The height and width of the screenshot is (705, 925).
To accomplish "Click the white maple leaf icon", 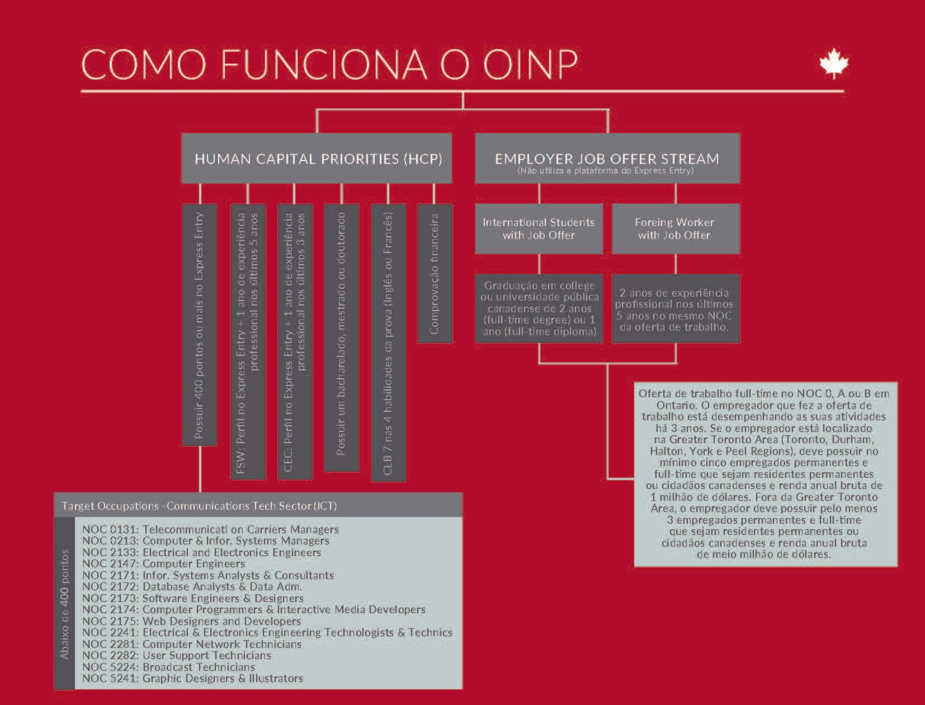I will click(834, 63).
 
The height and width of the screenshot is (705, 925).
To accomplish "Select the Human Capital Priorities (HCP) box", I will click(317, 158).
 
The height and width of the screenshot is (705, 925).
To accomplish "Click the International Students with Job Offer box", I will click(539, 229).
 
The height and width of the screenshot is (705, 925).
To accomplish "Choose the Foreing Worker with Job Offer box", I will click(675, 229).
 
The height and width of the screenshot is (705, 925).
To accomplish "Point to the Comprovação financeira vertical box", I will click(435, 274).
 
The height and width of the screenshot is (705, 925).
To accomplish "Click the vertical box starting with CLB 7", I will click(388, 342).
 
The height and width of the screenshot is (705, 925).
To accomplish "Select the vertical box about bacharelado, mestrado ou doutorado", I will click(341, 338).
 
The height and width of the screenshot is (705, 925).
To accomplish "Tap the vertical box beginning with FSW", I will click(248, 342).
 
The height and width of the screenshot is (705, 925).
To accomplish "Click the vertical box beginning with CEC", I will click(295, 342).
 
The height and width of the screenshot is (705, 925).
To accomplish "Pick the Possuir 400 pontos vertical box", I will click(200, 325).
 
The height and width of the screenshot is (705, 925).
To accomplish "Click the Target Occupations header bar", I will click(258, 506).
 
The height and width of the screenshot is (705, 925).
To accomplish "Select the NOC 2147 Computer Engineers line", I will click(164, 564).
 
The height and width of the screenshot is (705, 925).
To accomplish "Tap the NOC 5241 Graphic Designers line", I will click(193, 679).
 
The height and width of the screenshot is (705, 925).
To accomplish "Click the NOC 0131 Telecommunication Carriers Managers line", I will click(210, 529).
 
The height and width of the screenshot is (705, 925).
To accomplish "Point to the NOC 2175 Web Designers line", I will click(192, 621).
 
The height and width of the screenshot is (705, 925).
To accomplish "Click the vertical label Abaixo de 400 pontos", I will click(65, 603).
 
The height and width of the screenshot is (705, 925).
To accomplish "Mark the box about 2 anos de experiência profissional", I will click(675, 309).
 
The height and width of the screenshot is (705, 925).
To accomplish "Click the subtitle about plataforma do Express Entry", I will click(606, 171).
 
